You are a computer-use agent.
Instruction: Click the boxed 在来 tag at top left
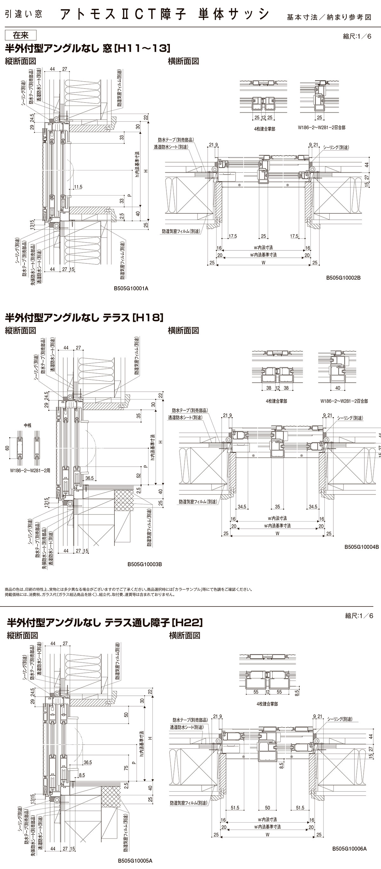[x=21, y=36]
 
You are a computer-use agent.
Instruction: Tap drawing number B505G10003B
[x=144, y=564]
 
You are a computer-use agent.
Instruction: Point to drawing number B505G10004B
[x=361, y=547]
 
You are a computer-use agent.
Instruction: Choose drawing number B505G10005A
[x=135, y=860]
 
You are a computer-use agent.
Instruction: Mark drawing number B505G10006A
[x=349, y=849]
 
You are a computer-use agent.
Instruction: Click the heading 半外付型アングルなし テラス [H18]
[x=84, y=317]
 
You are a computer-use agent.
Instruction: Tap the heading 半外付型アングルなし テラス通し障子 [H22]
[x=104, y=622]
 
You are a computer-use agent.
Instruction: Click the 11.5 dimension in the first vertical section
[x=78, y=187]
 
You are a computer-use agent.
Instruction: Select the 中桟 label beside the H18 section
[x=27, y=426]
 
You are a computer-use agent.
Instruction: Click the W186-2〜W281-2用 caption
[x=30, y=470]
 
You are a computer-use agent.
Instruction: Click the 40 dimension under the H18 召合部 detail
[x=338, y=388]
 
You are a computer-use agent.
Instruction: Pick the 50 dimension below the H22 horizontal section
[x=267, y=808]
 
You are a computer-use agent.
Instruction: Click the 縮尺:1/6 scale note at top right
[x=357, y=36]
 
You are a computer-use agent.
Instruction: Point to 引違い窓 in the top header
[x=23, y=15]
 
